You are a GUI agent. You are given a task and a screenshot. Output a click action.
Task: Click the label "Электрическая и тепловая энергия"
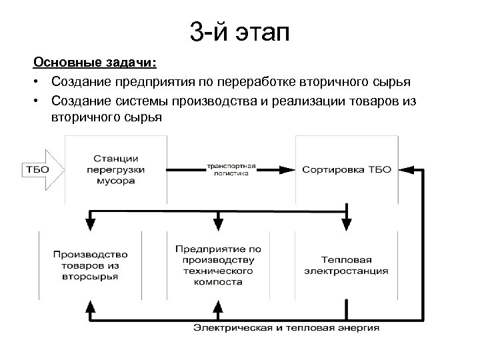(287, 327)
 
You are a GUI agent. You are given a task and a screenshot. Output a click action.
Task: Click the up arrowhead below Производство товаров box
(89, 305)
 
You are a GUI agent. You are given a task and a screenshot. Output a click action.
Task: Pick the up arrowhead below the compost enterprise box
(218, 305)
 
